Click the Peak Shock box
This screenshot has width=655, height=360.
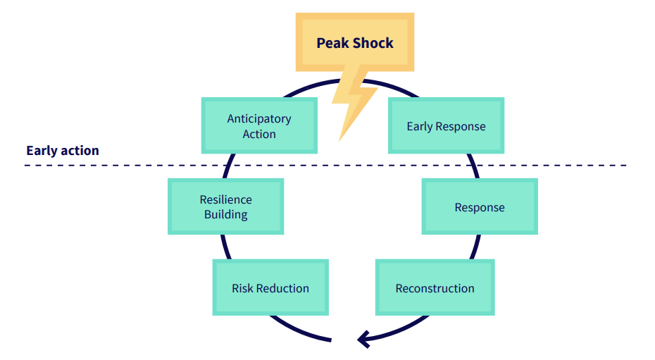point(355,42)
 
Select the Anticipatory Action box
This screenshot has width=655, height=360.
point(259,125)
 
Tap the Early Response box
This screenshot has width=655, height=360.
point(446,125)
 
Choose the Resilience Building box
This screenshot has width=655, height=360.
point(225,206)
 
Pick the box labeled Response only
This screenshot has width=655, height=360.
point(480,206)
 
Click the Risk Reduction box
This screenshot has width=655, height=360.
point(270,287)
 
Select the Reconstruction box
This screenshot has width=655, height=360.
point(435,287)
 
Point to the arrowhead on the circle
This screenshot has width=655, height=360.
point(362,339)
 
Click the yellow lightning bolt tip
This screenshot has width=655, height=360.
point(339,140)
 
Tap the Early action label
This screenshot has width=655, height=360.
point(63,150)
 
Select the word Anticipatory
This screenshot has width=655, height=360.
point(259,119)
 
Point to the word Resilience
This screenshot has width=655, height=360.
point(225,199)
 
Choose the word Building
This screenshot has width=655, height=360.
point(225,215)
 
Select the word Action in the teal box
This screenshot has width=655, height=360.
point(259,134)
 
